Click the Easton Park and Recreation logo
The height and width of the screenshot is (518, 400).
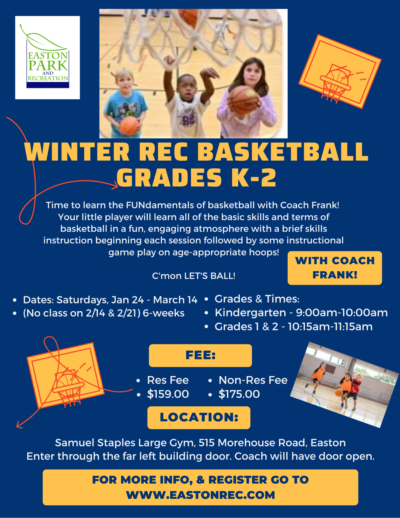coord(48,57)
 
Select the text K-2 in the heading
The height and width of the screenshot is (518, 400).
coord(254,178)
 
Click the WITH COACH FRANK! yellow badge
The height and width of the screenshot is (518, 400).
coord(335,268)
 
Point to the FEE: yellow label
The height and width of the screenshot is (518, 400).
coord(200,355)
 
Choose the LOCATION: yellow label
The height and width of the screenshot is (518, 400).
coord(199,418)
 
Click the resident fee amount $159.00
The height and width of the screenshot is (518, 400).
coord(168,394)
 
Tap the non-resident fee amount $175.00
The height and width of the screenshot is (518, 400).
coord(239,394)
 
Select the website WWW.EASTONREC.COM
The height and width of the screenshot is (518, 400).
coord(200,495)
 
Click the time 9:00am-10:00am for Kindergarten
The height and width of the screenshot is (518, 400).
coord(342,313)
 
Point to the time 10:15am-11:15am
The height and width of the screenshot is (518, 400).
coord(330,327)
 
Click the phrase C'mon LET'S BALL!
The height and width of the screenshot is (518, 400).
coord(194,276)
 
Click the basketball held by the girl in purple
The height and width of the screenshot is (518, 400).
coord(243,100)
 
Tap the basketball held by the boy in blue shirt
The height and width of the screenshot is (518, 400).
coord(129,126)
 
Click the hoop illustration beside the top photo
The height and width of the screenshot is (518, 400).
coord(340,71)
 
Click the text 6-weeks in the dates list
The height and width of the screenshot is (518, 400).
coord(164,313)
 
